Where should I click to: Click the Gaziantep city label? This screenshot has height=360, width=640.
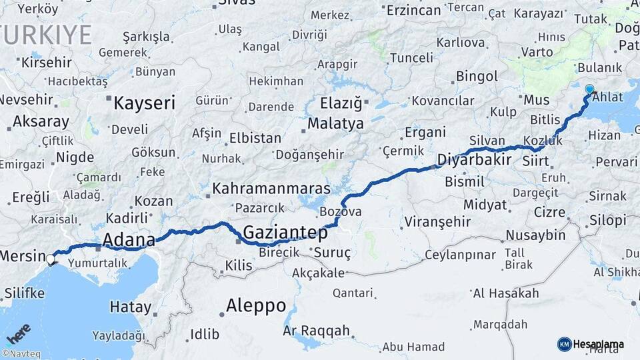click(x=285, y=233)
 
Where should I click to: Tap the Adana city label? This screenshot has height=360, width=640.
click(x=129, y=240)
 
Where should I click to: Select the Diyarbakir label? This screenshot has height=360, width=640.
click(x=475, y=159)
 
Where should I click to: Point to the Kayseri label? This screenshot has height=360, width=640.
click(x=145, y=103)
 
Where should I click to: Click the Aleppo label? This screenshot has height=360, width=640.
click(x=256, y=306)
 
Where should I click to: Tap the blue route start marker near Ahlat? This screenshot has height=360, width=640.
click(x=589, y=89)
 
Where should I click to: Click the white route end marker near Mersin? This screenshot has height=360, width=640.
click(x=51, y=258)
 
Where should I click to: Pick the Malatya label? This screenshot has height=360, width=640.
click(x=335, y=123)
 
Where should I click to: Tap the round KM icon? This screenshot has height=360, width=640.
click(x=564, y=344)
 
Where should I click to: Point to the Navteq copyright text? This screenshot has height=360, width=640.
click(x=20, y=354)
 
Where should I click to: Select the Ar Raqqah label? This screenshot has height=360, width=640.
click(x=316, y=331)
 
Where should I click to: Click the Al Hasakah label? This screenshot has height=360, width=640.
click(x=505, y=293)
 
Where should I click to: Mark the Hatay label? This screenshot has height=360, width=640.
click(x=130, y=307)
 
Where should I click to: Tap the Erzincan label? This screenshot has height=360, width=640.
click(x=414, y=10)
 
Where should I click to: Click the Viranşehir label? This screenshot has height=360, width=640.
click(x=437, y=221)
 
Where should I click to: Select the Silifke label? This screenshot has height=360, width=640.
click(x=25, y=292)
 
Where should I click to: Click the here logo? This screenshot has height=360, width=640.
click(x=18, y=333)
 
